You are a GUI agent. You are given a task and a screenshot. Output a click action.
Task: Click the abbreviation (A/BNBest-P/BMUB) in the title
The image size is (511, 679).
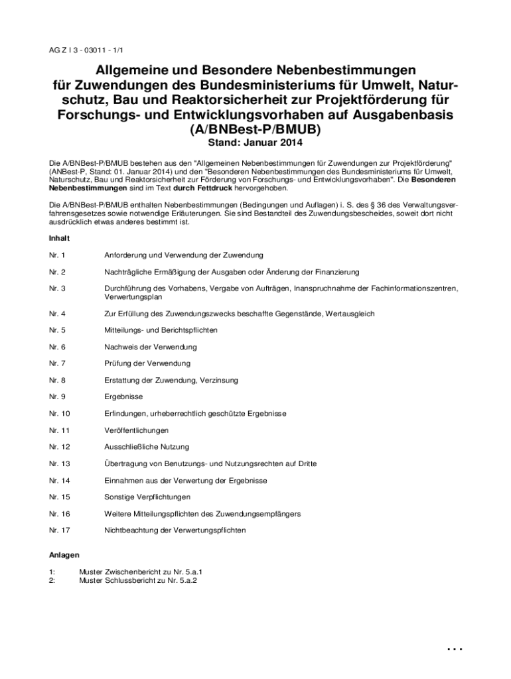tap(255, 129)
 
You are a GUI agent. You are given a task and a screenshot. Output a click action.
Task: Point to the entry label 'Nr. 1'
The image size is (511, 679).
tap(58, 255)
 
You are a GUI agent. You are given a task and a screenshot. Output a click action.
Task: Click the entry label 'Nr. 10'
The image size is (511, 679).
tap(60, 414)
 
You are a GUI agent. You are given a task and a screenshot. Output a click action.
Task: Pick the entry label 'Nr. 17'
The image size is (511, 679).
tap(60, 530)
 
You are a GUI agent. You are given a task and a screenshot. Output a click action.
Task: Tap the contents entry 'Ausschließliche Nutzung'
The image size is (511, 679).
tap(147, 447)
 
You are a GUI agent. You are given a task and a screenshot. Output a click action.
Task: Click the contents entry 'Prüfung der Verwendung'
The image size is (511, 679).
tap(147, 363)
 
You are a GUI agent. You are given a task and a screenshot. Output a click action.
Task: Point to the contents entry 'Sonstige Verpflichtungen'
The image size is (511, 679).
tap(147, 497)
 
